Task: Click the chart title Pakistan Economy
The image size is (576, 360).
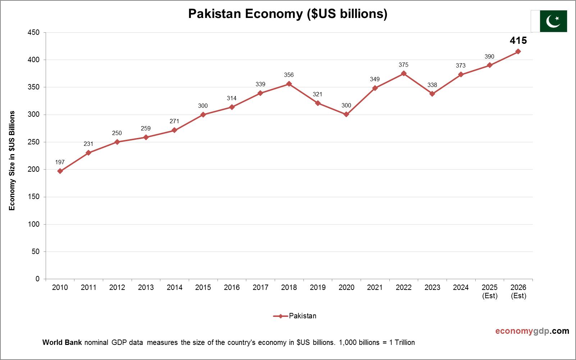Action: [288, 14]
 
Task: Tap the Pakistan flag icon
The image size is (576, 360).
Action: [549, 21]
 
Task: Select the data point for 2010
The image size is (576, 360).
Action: [60, 171]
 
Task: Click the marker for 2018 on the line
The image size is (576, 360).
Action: [289, 84]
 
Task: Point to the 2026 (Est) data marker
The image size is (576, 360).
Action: [518, 51]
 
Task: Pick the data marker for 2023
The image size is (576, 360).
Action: [432, 94]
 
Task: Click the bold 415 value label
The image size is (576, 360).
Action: [518, 41]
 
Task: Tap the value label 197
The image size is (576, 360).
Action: [60, 162]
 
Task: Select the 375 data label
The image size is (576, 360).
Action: [403, 65]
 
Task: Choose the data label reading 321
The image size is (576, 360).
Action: [317, 94]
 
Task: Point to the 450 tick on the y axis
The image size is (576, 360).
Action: [33, 33]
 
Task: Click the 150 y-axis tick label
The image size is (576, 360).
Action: [33, 197]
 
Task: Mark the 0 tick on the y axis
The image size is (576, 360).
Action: [37, 279]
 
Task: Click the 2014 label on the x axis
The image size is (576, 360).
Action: [174, 287]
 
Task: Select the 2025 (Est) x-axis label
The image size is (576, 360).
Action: [489, 291]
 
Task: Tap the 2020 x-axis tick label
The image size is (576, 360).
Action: [346, 287]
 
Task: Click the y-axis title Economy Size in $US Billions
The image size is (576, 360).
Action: [12, 161]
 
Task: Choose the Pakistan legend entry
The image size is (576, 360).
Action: [295, 316]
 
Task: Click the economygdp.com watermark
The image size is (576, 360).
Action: [532, 331]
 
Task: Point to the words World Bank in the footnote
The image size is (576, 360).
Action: [62, 342]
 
